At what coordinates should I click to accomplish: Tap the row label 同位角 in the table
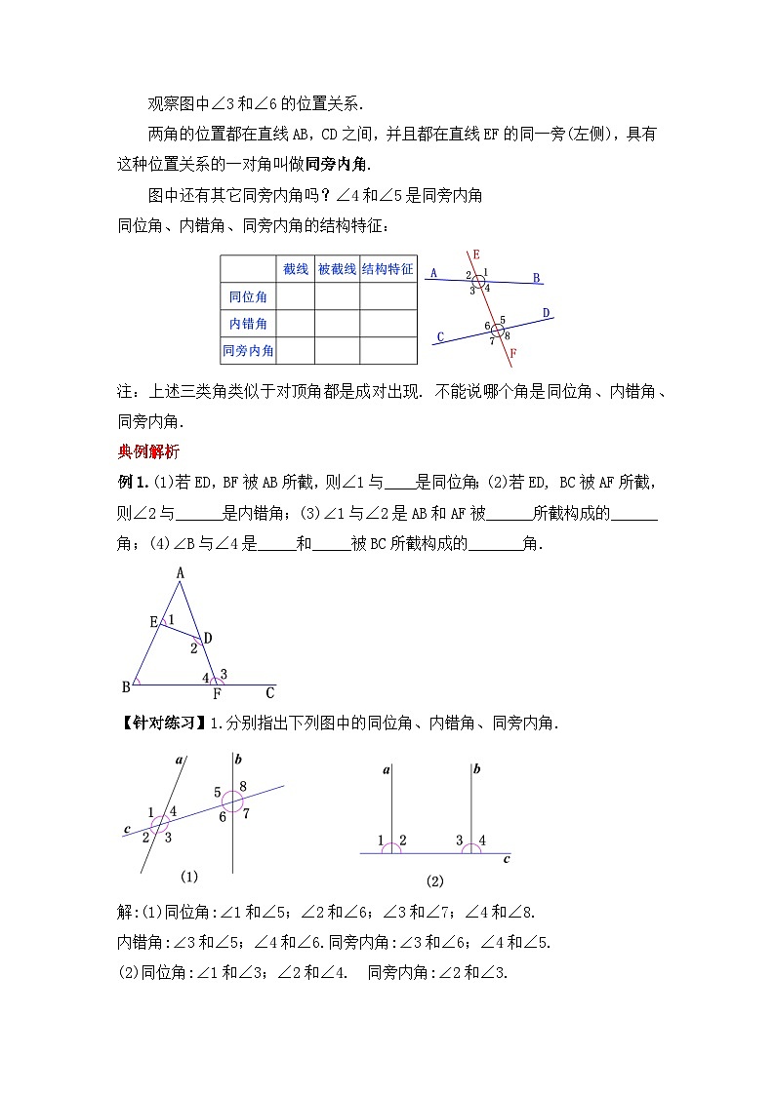pos(248,296)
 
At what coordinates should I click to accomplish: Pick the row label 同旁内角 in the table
pos(248,350)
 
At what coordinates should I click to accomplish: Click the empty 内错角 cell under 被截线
pos(337,323)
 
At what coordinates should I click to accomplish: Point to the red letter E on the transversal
pos(475,254)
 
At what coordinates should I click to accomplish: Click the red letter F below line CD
pos(513,352)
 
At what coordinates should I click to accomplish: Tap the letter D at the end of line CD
pos(547,313)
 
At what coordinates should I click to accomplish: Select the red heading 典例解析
pos(148,450)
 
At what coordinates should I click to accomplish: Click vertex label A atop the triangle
pos(181,574)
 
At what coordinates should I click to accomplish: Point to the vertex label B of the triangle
pos(126,686)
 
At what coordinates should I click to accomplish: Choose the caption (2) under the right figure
pos(434,880)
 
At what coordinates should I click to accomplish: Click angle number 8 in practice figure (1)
pos(242,786)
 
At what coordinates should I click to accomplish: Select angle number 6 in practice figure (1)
pos(223,817)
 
